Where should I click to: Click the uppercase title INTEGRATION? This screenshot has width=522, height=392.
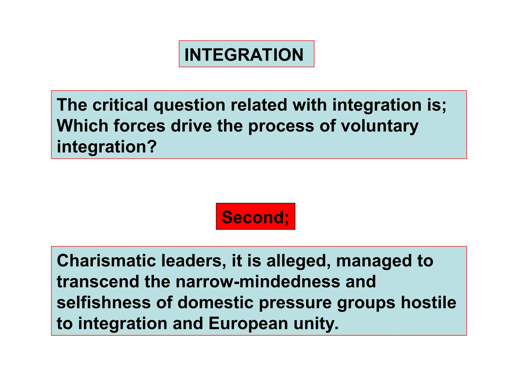(x=244, y=55)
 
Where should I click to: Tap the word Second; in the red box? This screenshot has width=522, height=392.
(x=255, y=217)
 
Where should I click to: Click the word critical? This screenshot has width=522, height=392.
(x=120, y=105)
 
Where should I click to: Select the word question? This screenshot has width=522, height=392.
(x=189, y=105)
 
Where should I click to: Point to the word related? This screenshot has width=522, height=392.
(x=259, y=105)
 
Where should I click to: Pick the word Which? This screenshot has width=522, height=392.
(x=82, y=126)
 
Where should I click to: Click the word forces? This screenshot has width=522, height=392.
(x=139, y=126)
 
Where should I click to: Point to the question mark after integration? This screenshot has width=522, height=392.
(x=152, y=147)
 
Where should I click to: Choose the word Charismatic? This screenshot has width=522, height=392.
(x=106, y=261)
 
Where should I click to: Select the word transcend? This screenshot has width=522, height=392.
(x=98, y=282)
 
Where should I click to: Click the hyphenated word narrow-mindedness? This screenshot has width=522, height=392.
(x=258, y=282)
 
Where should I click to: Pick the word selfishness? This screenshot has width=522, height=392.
(x=104, y=303)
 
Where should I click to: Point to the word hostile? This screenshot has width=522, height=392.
(x=428, y=303)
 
